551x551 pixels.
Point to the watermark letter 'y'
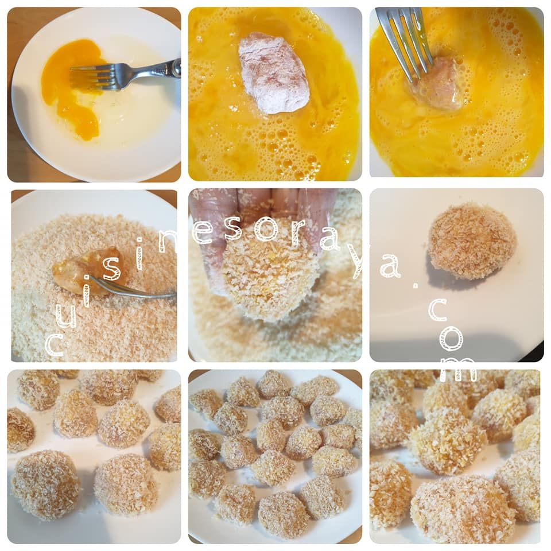pyautogui.click(x=360, y=262)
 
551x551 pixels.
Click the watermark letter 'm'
pyautogui.click(x=459, y=370)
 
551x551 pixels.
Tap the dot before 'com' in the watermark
pyautogui.click(x=416, y=286)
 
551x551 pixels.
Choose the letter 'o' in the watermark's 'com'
pyautogui.click(x=451, y=339)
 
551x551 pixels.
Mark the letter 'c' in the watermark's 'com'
pyautogui.click(x=437, y=309)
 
